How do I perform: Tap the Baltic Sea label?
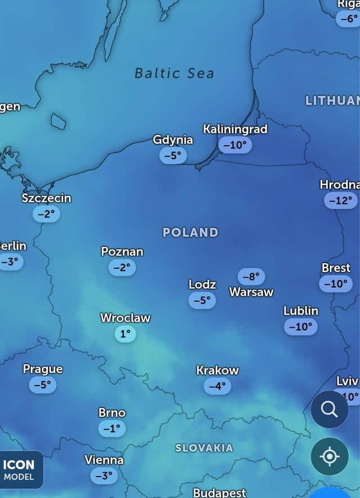(174, 73)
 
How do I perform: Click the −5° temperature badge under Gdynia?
(173, 156)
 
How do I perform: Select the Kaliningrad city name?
(235, 129)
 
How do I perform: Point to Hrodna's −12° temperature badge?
(341, 200)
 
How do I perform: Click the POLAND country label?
(190, 232)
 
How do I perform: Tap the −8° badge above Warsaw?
(251, 277)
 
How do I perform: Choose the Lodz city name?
(202, 285)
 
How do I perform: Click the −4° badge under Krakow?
(217, 386)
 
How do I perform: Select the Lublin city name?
(301, 311)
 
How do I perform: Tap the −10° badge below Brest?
(336, 284)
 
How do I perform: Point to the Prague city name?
(43, 369)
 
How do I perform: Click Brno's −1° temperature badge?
(112, 428)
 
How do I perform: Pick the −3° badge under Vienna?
(104, 476)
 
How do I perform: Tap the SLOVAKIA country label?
(204, 448)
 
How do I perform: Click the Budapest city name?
(219, 493)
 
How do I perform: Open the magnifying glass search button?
(330, 409)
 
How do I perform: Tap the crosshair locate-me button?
(330, 456)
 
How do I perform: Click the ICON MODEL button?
(21, 470)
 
